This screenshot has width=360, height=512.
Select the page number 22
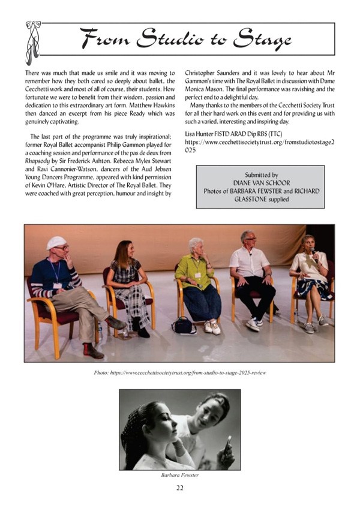[180, 487]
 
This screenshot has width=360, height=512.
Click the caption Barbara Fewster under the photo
[180, 475]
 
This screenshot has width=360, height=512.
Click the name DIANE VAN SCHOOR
[260, 183]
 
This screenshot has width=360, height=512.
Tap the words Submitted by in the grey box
[260, 174]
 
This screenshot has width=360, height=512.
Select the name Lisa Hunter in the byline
[203, 132]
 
